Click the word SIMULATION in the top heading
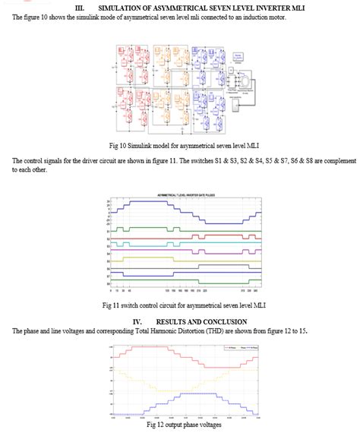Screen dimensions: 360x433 123,7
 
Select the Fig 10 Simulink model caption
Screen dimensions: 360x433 180,146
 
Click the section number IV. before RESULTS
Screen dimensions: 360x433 137,321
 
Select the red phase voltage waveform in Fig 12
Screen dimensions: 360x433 182,349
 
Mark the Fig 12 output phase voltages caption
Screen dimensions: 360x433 181,425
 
